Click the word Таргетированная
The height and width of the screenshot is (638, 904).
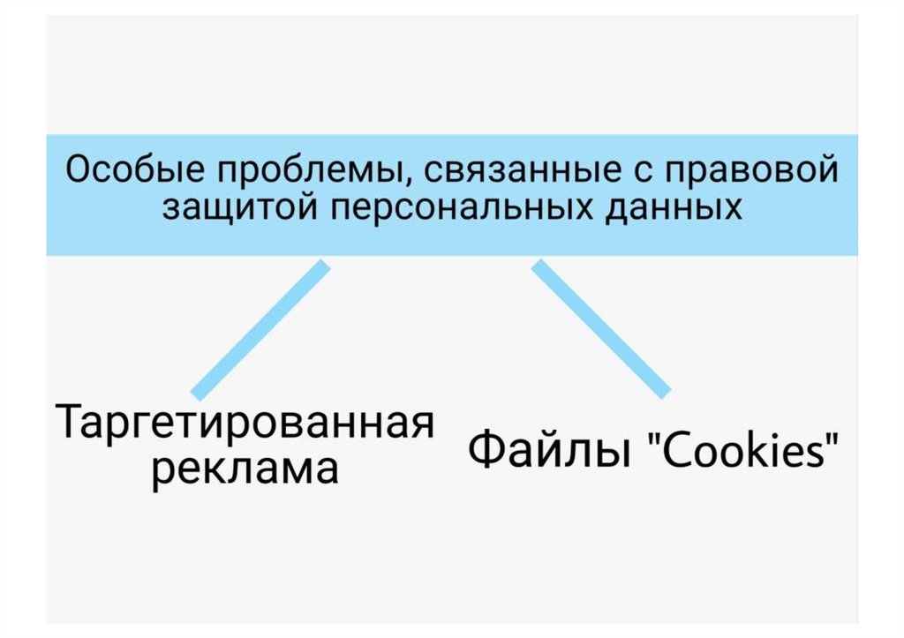[245, 425]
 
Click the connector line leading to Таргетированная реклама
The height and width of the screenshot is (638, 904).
[260, 328]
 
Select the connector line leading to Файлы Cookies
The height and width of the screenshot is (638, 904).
[600, 328]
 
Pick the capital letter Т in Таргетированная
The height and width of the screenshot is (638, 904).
[71, 424]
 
